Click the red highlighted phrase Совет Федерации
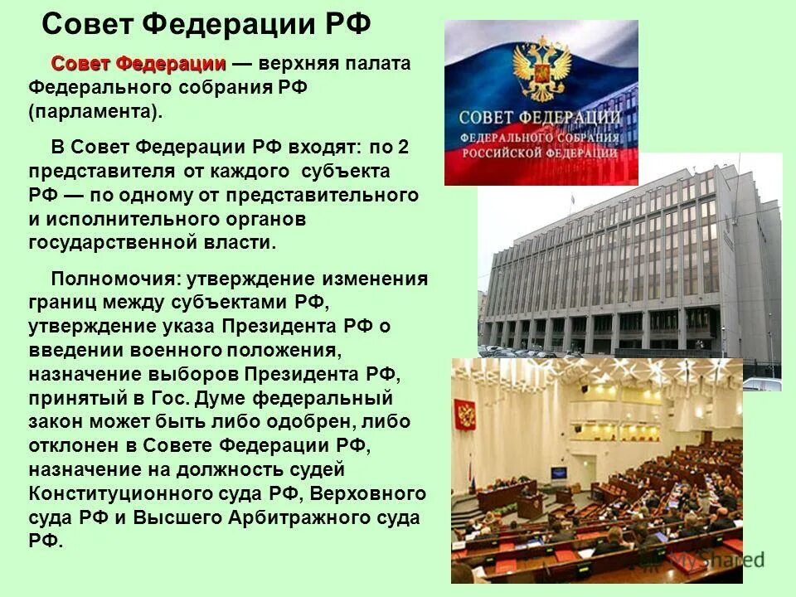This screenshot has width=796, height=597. coord(138,65)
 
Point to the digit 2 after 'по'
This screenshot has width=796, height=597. coord(404,148)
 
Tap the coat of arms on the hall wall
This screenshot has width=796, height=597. coord(464,414)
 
